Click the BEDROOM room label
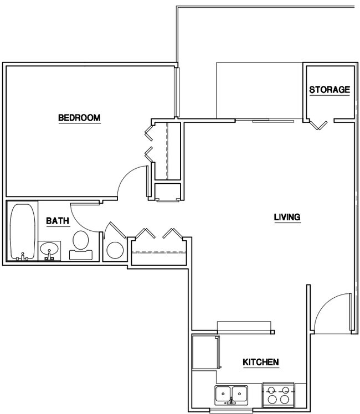click(x=79, y=118)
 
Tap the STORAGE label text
click(x=329, y=90)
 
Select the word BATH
click(x=57, y=221)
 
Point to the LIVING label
click(x=287, y=217)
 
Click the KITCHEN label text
click(x=260, y=363)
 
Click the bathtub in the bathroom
click(x=23, y=231)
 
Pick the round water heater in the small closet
click(x=115, y=250)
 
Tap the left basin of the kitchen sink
click(x=224, y=393)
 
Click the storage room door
click(x=318, y=125)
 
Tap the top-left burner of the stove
click(x=272, y=390)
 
